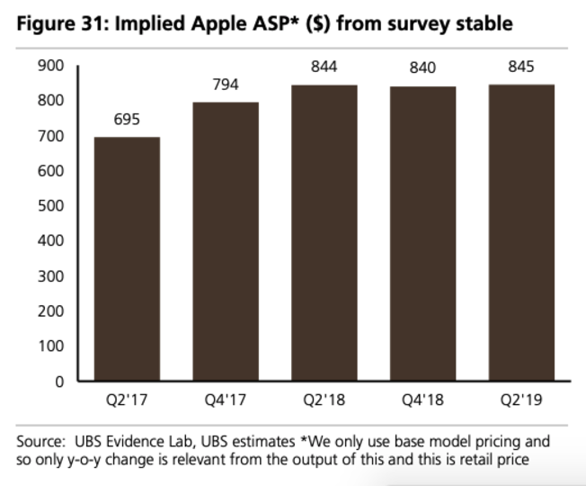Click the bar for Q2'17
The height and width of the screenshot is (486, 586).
pos(127,259)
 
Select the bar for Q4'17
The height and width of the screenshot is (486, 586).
pos(226,241)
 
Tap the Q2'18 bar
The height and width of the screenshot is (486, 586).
pos(324,233)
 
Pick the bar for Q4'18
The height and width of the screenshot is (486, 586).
pos(423,234)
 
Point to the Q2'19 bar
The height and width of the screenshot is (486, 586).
pos(521,233)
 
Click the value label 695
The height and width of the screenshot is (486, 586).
pos(127,120)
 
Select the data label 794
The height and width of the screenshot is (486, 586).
pos(226,85)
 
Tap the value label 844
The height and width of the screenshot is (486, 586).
pos(324,67)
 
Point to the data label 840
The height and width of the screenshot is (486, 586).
pos(422,67)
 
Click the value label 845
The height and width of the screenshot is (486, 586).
pos(521,67)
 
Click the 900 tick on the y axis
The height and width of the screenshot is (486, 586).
pos(51,66)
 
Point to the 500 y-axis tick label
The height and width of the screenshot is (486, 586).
pos(51,206)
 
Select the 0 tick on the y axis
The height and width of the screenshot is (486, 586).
pos(59,382)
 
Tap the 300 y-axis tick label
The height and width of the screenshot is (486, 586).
pos(51,276)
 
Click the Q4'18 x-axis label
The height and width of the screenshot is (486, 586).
pos(422,400)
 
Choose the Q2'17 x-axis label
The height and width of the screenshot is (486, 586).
pos(127,400)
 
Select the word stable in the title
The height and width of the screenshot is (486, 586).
pos(484,23)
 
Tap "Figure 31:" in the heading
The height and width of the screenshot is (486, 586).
pos(63,23)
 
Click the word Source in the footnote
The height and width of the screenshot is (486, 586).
pos(40,442)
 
